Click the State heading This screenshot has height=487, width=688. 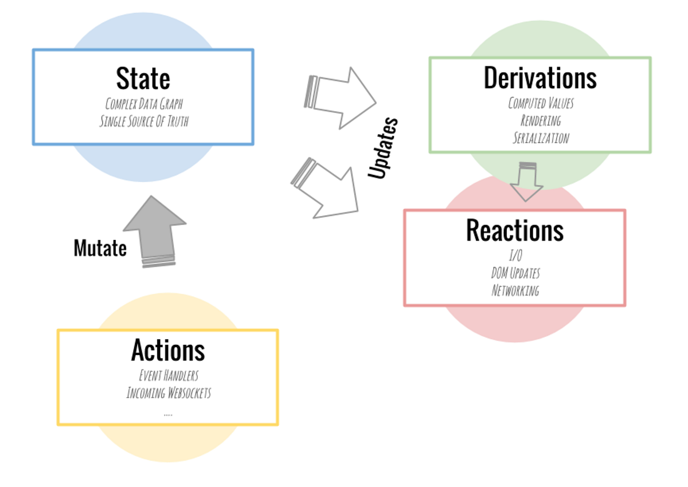coord(143,78)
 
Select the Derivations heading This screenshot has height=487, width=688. coord(540,78)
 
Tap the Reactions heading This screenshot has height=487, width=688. coord(515,230)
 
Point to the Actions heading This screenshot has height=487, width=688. coord(168,350)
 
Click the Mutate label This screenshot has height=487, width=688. coord(100,248)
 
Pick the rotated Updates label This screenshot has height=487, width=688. coord(383,148)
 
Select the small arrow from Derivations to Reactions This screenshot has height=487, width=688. coord(527,182)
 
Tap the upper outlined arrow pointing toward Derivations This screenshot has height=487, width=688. coord(340,98)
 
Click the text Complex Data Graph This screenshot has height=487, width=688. coord(144,104)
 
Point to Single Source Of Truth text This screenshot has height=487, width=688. coord(144,121)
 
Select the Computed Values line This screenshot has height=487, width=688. coord(541,103)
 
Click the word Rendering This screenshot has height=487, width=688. coord(541,120)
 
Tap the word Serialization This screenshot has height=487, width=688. coord(541,138)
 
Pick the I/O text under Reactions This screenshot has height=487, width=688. coord(515,256)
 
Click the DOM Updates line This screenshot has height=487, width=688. coord(515,273)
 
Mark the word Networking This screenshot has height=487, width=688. coord(515,290)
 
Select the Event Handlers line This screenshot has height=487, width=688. coord(169,376)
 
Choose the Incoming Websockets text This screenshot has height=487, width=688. coord(169,393)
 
